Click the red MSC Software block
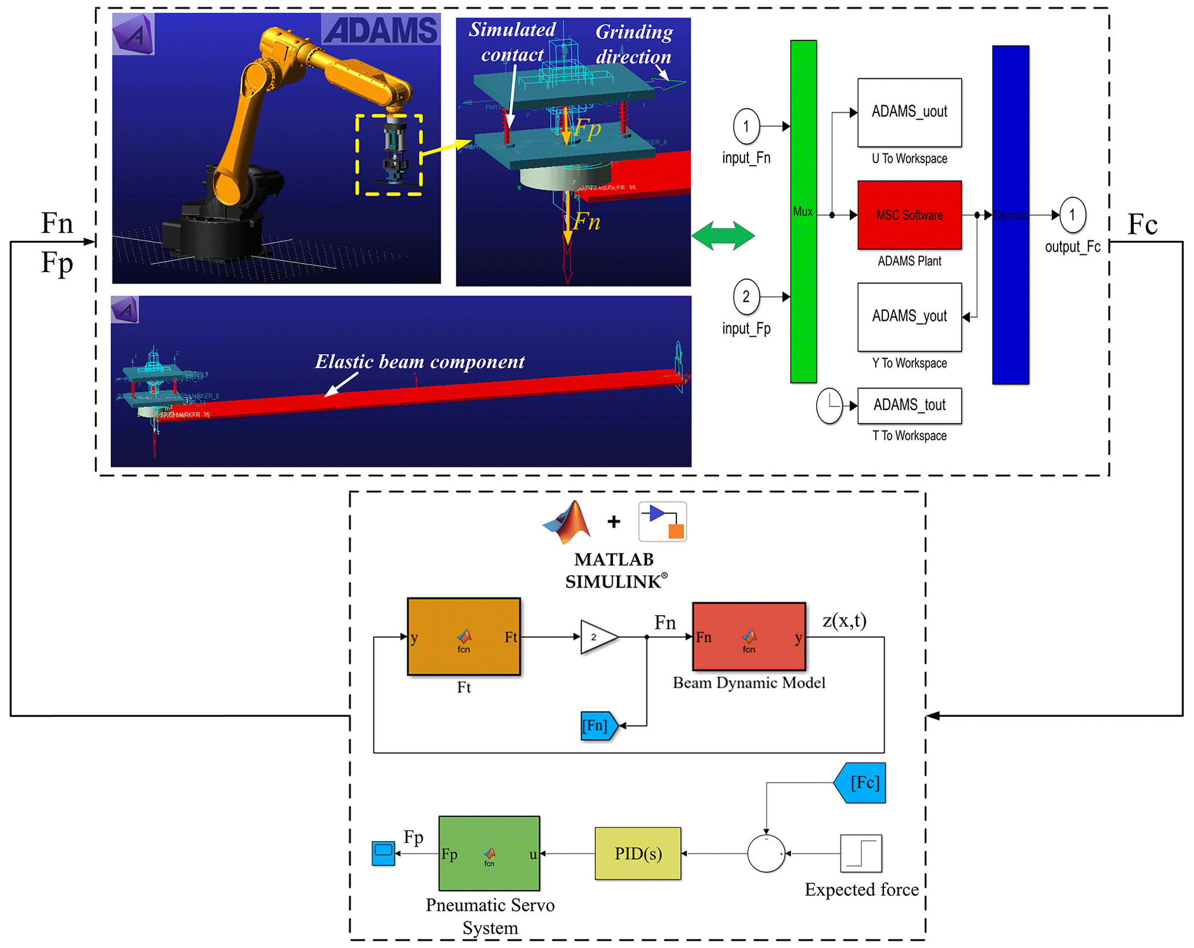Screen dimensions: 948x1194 click(909, 215)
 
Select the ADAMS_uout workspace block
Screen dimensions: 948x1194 click(909, 112)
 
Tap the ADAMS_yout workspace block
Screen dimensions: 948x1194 click(909, 317)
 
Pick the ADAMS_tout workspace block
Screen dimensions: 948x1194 click(909, 405)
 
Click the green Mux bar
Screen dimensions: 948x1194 click(803, 211)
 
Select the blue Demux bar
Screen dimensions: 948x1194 click(1010, 215)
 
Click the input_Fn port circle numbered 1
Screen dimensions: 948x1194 click(746, 126)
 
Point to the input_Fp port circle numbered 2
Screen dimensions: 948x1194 click(746, 297)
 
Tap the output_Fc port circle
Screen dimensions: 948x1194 click(1072, 215)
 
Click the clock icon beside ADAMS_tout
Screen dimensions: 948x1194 click(829, 405)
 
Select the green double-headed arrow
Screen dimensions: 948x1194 click(723, 236)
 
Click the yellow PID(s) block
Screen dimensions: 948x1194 click(638, 853)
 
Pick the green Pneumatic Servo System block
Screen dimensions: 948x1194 click(489, 853)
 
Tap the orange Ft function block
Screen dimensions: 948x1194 click(463, 636)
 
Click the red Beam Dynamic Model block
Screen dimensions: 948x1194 click(749, 636)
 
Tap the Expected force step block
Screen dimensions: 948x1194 click(860, 853)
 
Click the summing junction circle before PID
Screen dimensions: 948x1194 click(766, 853)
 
